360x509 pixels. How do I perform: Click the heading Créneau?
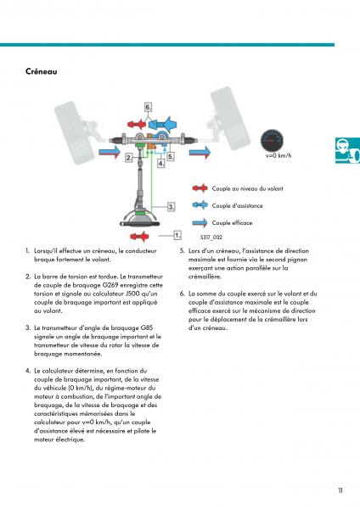(42, 71)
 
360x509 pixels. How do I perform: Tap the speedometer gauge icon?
(272, 140)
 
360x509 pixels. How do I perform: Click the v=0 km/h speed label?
(278, 155)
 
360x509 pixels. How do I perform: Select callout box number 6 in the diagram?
(148, 107)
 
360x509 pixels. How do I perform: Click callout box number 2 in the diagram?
(129, 158)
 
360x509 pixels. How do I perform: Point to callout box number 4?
(161, 163)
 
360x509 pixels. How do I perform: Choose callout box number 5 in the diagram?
(171, 156)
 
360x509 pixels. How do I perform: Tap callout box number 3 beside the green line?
(172, 206)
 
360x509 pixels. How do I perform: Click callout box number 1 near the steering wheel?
(177, 235)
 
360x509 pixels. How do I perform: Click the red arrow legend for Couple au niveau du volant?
(200, 188)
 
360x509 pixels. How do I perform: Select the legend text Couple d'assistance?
(237, 206)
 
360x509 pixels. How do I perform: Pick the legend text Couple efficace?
(232, 223)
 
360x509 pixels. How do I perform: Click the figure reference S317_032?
(211, 238)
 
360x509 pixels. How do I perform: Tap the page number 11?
(340, 490)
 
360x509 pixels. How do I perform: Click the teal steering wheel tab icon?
(347, 150)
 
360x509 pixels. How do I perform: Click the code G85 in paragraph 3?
(147, 327)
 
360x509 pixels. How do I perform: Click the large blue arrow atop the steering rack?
(163, 124)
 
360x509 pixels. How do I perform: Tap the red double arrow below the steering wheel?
(140, 236)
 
